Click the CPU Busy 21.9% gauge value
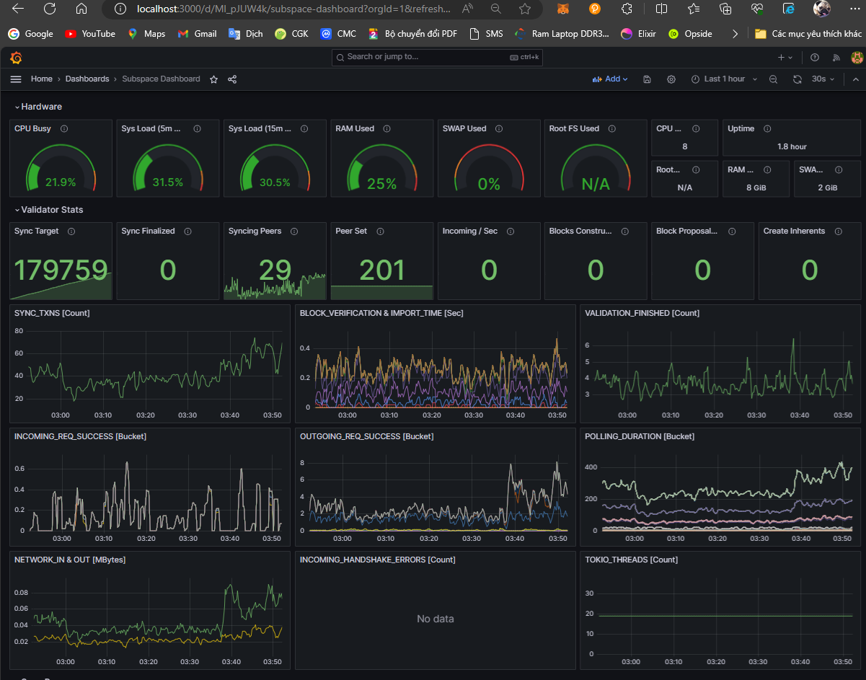(61, 182)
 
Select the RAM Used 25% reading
(381, 184)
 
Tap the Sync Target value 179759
(61, 270)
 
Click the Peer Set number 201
(381, 270)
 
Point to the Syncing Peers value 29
(275, 270)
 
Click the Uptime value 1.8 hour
(792, 146)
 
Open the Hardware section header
(41, 107)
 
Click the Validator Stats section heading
(52, 210)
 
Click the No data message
(436, 619)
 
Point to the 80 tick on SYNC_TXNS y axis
(19, 331)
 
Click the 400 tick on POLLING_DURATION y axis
(591, 467)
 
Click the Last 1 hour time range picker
(724, 79)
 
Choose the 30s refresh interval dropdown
(822, 79)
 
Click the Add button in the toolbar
(610, 79)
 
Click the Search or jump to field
(436, 57)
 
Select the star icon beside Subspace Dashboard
(213, 79)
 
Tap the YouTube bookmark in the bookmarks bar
(90, 34)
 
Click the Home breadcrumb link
(41, 79)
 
